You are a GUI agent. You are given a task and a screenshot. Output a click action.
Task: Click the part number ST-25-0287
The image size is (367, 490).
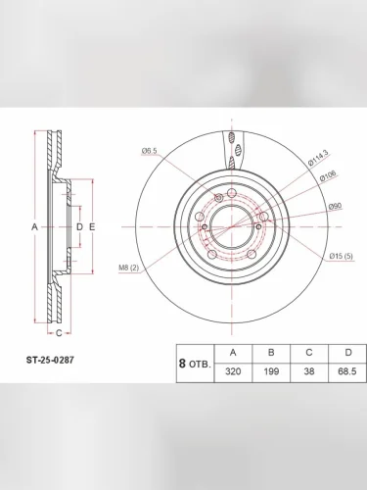pyautogui.click(x=49, y=359)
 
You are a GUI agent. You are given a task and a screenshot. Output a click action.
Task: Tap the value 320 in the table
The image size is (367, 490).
pyautogui.click(x=232, y=371)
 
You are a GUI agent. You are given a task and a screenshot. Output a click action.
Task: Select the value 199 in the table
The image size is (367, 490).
pyautogui.click(x=270, y=371)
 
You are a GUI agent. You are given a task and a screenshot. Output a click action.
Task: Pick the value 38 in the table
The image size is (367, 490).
pyautogui.click(x=308, y=371)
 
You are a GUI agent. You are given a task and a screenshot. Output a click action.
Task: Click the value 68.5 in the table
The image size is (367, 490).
pyautogui.click(x=345, y=371)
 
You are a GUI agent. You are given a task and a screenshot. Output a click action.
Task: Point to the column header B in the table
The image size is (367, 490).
pyautogui.click(x=270, y=352)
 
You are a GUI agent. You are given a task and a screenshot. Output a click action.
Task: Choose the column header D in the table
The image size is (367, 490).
pyautogui.click(x=345, y=352)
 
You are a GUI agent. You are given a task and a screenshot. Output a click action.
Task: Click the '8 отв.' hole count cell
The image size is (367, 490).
pyautogui.click(x=194, y=363)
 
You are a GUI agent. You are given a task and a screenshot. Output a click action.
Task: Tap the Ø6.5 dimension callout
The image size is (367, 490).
pyautogui.click(x=149, y=150)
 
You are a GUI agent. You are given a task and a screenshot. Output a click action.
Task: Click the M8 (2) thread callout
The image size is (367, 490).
pyautogui.click(x=129, y=268)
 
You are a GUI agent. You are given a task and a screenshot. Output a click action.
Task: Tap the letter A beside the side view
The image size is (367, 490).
pyautogui.click(x=34, y=226)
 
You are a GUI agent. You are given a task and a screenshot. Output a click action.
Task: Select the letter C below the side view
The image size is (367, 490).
pyautogui.click(x=58, y=333)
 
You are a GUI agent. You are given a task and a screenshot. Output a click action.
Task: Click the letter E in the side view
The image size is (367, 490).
pyautogui.click(x=91, y=226)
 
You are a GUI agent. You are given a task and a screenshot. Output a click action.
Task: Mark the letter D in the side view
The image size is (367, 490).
pyautogui.click(x=79, y=226)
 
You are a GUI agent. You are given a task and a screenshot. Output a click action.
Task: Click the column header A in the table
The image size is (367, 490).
pyautogui.click(x=232, y=352)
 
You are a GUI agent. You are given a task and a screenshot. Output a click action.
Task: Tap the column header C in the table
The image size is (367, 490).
pyautogui.click(x=308, y=352)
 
